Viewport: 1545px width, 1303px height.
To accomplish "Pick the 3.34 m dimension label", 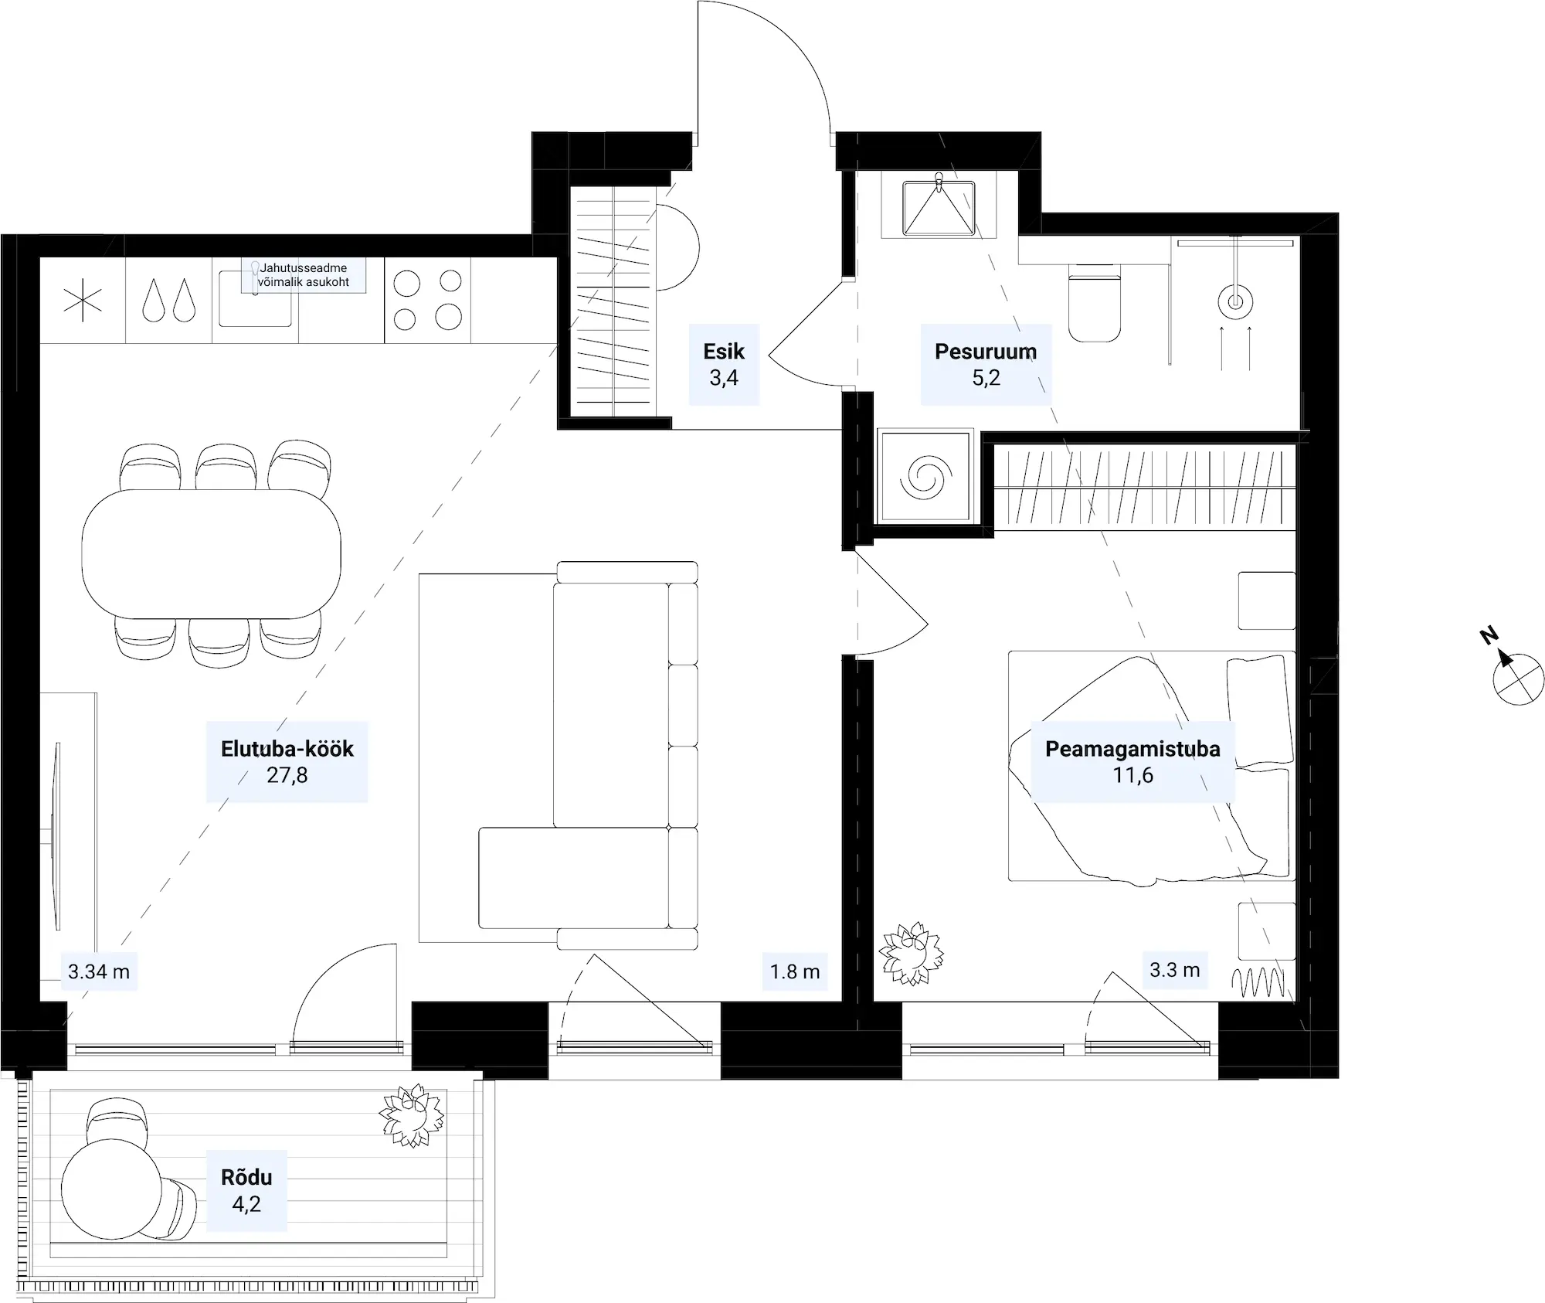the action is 99,971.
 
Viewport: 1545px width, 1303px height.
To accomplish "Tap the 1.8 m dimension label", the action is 795,971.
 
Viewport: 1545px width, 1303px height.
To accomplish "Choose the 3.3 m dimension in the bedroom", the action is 1174,970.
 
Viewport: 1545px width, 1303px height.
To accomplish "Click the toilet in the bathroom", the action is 1094,302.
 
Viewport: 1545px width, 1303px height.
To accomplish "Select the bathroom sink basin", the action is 939,207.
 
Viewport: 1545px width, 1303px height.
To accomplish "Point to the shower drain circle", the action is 1235,302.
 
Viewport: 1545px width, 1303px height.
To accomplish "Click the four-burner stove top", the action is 427,300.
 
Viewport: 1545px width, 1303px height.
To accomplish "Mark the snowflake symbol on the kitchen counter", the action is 83,300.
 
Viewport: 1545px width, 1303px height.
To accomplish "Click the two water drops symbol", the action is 168,300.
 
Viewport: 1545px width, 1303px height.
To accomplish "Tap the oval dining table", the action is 212,553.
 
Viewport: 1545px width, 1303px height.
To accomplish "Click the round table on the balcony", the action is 111,1188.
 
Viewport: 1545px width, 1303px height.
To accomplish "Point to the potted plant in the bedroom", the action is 912,953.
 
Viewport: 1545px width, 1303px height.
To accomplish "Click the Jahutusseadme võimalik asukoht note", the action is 304,275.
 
